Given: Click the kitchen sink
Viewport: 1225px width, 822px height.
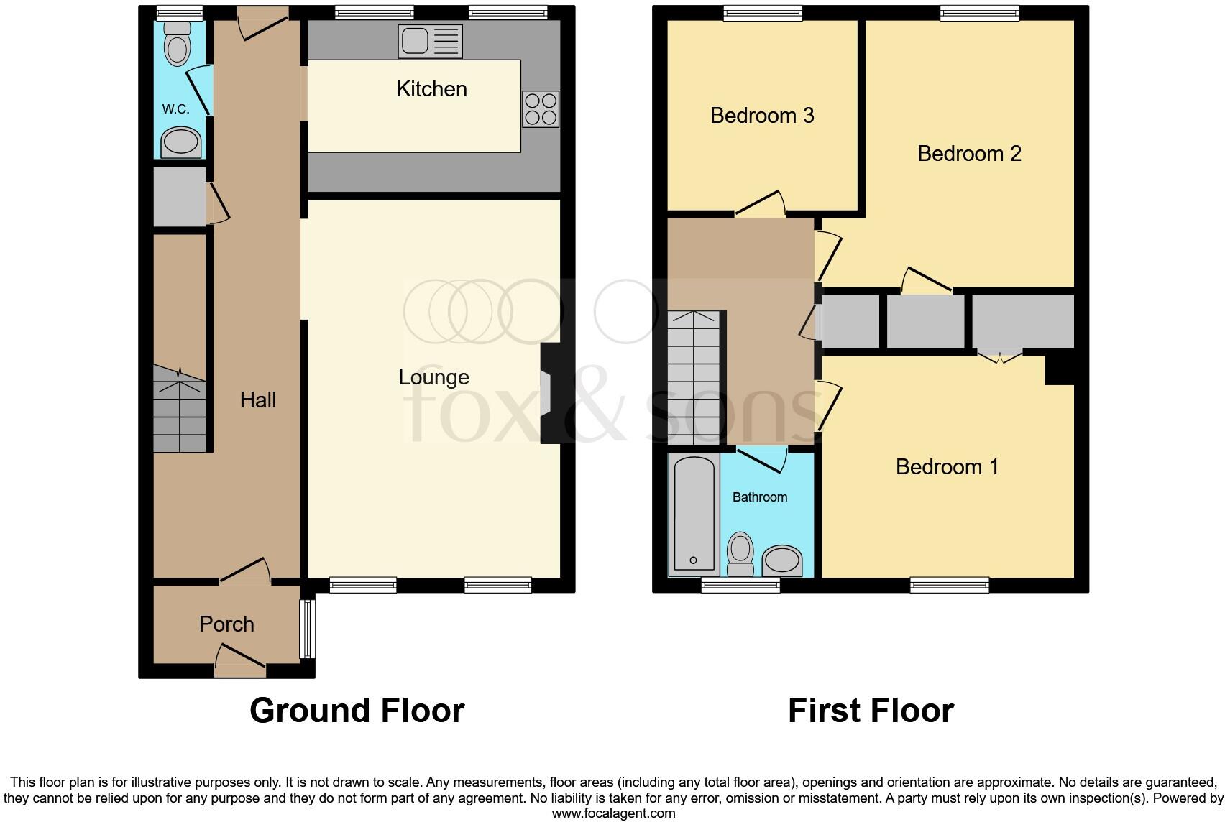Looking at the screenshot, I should point(430,41).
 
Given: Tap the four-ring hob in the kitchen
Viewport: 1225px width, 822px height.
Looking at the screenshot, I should point(541,109).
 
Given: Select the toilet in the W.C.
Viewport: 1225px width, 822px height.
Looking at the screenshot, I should point(177,43).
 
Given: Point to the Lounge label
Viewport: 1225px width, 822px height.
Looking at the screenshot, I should point(433,377).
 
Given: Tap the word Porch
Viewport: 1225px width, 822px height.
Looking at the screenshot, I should point(226,624).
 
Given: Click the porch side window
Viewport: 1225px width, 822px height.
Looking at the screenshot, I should point(307,629).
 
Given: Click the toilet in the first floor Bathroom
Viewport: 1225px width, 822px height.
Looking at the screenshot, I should point(740,553).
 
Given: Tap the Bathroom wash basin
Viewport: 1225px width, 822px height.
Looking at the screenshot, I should point(781,560).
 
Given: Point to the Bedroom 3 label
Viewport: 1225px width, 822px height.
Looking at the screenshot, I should point(762,116).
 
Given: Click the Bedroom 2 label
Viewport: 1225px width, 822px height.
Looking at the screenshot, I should point(969,154).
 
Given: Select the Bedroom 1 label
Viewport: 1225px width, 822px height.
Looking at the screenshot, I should point(947,467).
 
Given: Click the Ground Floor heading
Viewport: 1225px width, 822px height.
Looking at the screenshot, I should point(357,711).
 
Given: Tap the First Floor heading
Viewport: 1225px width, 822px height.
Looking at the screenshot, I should point(871,711).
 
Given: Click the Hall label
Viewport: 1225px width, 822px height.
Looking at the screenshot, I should point(257,400).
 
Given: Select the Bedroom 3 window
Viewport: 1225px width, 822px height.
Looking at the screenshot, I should point(762,13).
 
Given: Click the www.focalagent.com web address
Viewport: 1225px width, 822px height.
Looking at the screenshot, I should point(613,813).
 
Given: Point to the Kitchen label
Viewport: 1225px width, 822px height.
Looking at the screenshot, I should point(431,89).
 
